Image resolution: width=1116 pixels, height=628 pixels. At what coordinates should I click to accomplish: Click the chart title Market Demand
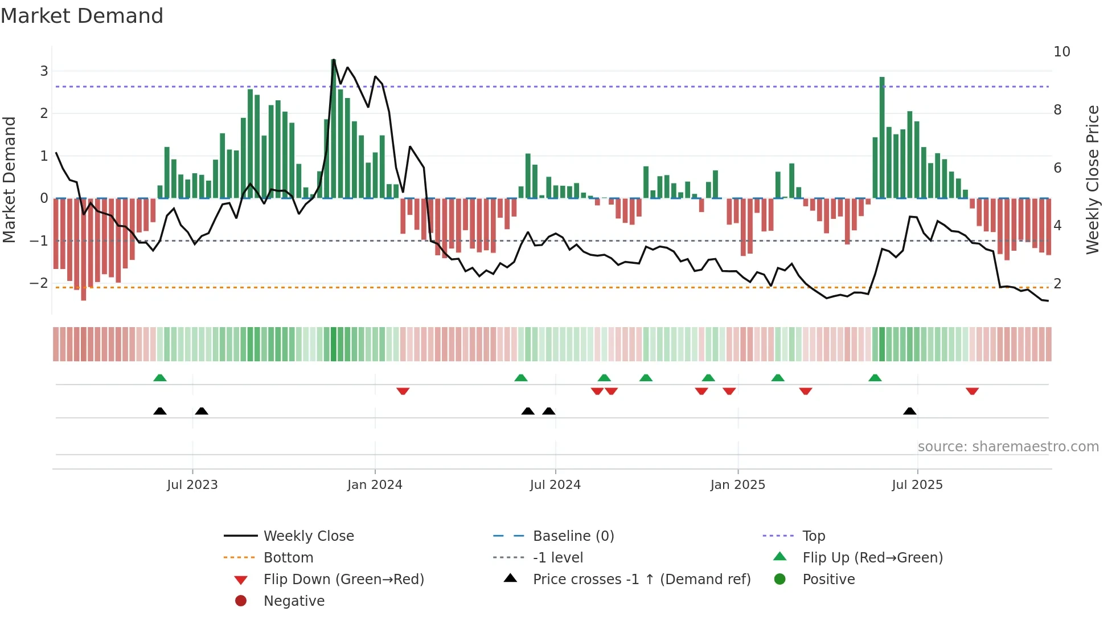point(82,16)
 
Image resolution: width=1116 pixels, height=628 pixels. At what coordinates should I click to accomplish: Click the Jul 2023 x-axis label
point(192,485)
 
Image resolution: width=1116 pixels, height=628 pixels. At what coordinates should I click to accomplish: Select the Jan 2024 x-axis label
point(375,485)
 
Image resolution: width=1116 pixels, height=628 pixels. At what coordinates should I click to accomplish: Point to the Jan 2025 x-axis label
point(737,485)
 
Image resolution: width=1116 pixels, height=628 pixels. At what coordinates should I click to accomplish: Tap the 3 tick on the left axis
point(44,71)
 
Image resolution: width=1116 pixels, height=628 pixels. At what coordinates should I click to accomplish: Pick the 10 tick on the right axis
point(1061,52)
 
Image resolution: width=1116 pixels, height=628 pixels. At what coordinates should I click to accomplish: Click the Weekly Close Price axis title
point(1092,180)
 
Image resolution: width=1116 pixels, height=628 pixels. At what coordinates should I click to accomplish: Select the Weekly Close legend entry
point(308,536)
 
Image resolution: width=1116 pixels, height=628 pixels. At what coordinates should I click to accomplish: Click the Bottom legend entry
point(288,558)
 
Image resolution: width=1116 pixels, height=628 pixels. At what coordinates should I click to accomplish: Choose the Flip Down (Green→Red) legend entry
point(343,580)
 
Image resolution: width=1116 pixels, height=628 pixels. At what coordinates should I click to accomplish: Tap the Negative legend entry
point(294,601)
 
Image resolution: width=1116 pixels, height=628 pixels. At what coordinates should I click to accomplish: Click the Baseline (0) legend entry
point(573,536)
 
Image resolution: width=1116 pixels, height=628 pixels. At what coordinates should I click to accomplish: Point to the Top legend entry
point(813,536)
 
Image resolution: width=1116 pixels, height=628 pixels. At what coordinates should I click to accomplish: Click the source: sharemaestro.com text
point(1008,447)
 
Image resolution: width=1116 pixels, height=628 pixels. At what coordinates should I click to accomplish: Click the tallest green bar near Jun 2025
point(882,137)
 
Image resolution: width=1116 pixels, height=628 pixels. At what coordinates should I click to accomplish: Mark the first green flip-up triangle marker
point(160,378)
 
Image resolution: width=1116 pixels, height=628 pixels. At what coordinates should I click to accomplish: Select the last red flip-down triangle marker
point(972,391)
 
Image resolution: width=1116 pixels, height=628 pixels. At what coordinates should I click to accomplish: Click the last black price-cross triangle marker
point(910,411)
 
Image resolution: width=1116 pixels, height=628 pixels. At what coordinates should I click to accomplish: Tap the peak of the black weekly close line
point(333,60)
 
